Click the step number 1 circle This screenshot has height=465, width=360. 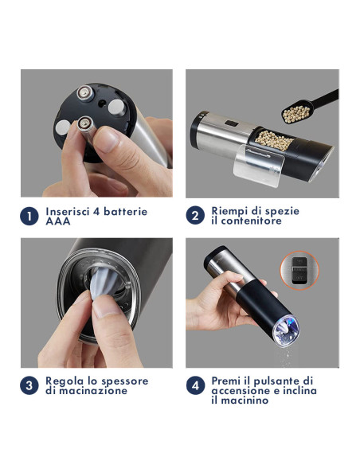[x=29, y=217]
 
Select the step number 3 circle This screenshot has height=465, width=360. [x=29, y=385]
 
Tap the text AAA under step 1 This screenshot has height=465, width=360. [x=57, y=221]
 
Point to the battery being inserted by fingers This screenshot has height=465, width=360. [x=83, y=124]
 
